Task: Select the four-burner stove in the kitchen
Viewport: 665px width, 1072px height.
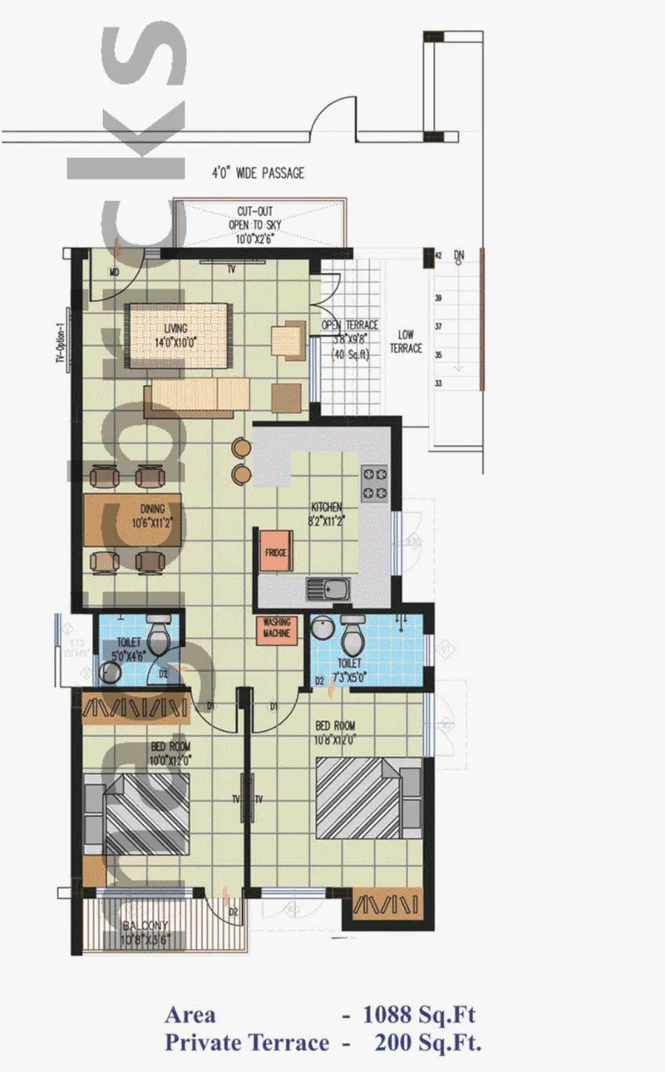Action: (x=374, y=483)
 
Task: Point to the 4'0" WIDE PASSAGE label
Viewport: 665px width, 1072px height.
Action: (x=257, y=173)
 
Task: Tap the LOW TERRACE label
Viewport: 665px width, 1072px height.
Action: (x=406, y=341)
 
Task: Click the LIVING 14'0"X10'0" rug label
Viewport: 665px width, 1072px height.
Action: (x=176, y=333)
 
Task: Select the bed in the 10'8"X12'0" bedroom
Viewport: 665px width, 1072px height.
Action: (x=367, y=798)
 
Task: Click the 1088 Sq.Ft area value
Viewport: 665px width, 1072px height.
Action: (x=420, y=1015)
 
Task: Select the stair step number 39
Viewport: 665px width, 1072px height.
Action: (x=438, y=298)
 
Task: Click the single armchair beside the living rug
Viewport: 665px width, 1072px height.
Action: (x=288, y=338)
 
